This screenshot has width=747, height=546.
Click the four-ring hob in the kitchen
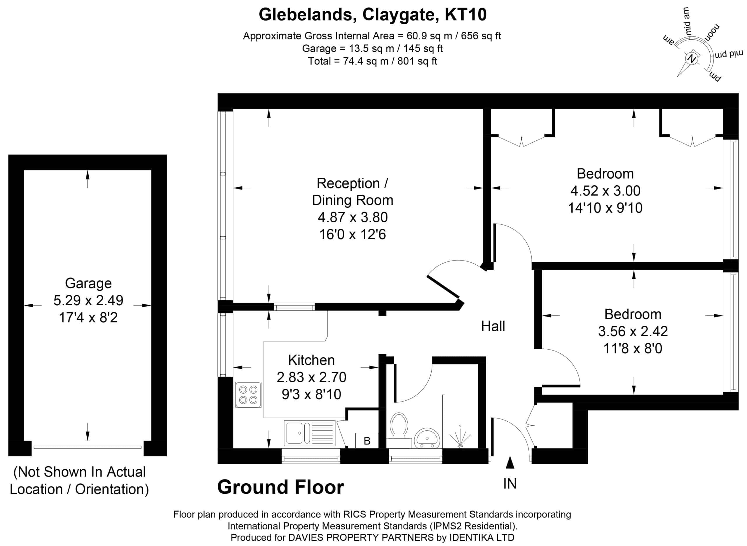pos(248,395)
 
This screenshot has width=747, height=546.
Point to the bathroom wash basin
pos(427,438)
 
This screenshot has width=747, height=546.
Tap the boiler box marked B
pos(367,441)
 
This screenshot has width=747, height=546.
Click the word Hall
pos(493,326)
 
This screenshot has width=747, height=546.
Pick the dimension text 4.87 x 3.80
pos(352,217)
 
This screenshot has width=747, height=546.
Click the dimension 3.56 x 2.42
pos(633,331)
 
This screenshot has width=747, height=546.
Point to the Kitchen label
pos(311,360)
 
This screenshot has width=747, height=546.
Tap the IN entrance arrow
pos(510,463)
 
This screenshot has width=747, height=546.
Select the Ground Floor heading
pos(280,487)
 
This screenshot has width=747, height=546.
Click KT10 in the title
pos(465,15)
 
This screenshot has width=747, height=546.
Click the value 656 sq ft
pos(481,36)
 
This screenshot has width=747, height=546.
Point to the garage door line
pos(88,447)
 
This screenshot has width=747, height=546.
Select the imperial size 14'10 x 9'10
pos(605,208)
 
